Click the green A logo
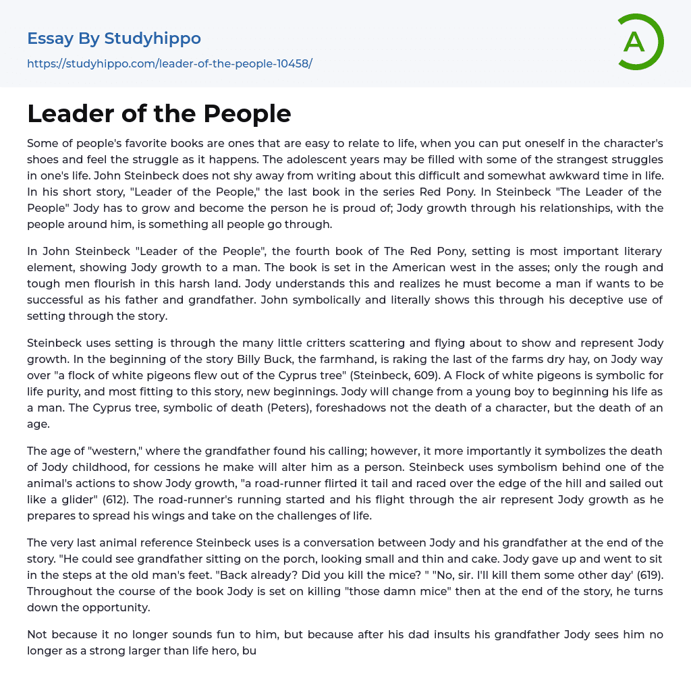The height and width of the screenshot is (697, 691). point(639,42)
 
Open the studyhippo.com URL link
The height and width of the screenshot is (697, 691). point(169,63)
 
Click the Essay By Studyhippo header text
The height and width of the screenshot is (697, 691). point(114,38)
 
